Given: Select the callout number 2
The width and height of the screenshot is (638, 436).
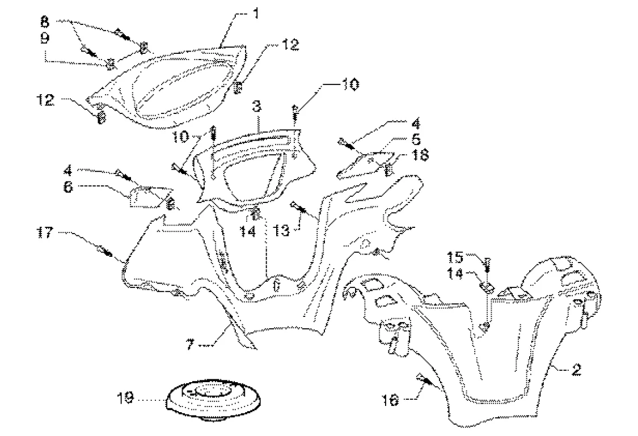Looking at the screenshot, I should (x=575, y=371).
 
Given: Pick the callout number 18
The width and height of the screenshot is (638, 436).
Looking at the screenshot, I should (x=421, y=154).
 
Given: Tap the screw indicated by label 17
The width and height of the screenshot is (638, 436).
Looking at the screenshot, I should (x=103, y=249).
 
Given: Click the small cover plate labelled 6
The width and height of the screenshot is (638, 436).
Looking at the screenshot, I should (x=149, y=196).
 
